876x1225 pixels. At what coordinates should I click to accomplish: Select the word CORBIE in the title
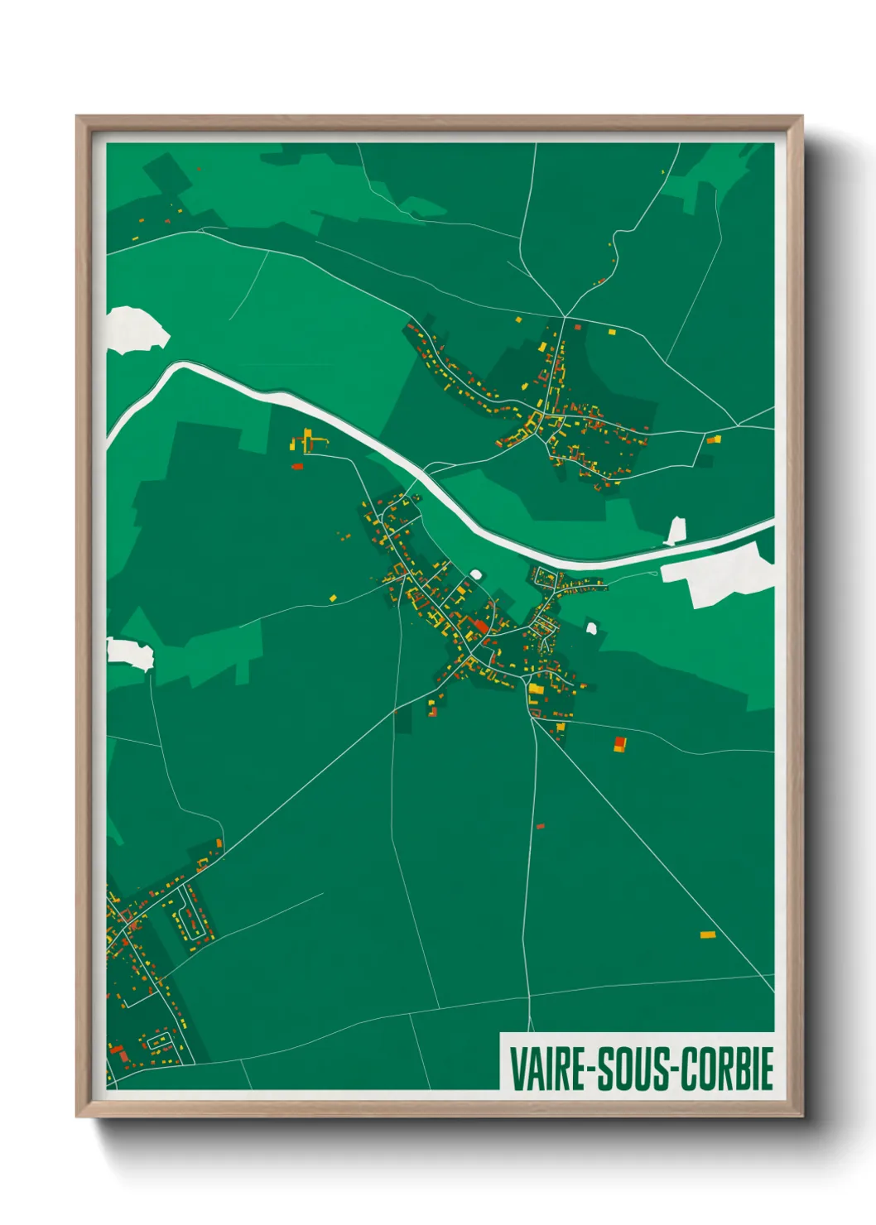726,1069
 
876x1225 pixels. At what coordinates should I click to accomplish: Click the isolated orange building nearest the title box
707,935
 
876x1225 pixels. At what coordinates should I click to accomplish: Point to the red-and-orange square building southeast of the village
619,743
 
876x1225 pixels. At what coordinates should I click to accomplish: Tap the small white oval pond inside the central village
475,574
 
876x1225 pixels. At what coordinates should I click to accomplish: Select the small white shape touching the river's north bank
676,531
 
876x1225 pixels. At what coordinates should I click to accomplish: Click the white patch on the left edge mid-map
130,652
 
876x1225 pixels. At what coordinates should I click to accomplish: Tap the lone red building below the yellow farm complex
297,467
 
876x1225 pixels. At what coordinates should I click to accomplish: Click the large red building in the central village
480,626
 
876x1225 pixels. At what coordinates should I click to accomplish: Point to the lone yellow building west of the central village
333,597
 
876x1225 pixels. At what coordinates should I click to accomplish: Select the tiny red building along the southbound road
540,826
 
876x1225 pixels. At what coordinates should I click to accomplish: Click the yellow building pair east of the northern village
714,440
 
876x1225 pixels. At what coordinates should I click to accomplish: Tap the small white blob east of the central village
592,628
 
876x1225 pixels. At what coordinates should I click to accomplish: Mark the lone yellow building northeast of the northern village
613,332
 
